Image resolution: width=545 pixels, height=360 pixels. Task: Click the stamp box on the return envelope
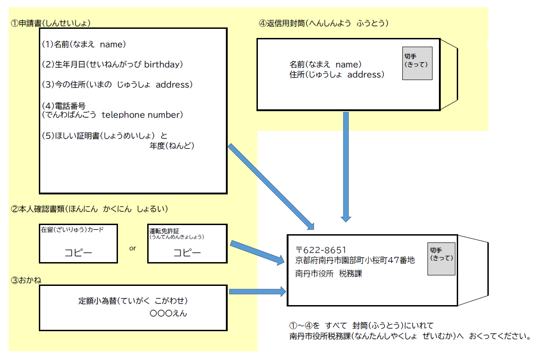point(417,63)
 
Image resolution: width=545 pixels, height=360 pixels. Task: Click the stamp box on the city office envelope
point(441,259)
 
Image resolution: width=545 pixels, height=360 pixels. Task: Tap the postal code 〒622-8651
point(321,250)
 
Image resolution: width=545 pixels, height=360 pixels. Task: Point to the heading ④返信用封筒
point(323,23)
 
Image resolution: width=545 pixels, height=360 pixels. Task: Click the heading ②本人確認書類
point(90,209)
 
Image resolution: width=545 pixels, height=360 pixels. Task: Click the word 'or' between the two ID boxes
point(133,248)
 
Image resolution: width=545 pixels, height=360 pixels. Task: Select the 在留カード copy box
point(78,243)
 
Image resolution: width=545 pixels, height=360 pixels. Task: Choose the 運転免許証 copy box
point(187,243)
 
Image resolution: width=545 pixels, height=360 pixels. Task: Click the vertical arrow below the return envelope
point(346,167)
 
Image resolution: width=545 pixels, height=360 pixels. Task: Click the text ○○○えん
point(168,313)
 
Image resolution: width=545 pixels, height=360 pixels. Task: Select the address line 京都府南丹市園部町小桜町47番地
point(355,260)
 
